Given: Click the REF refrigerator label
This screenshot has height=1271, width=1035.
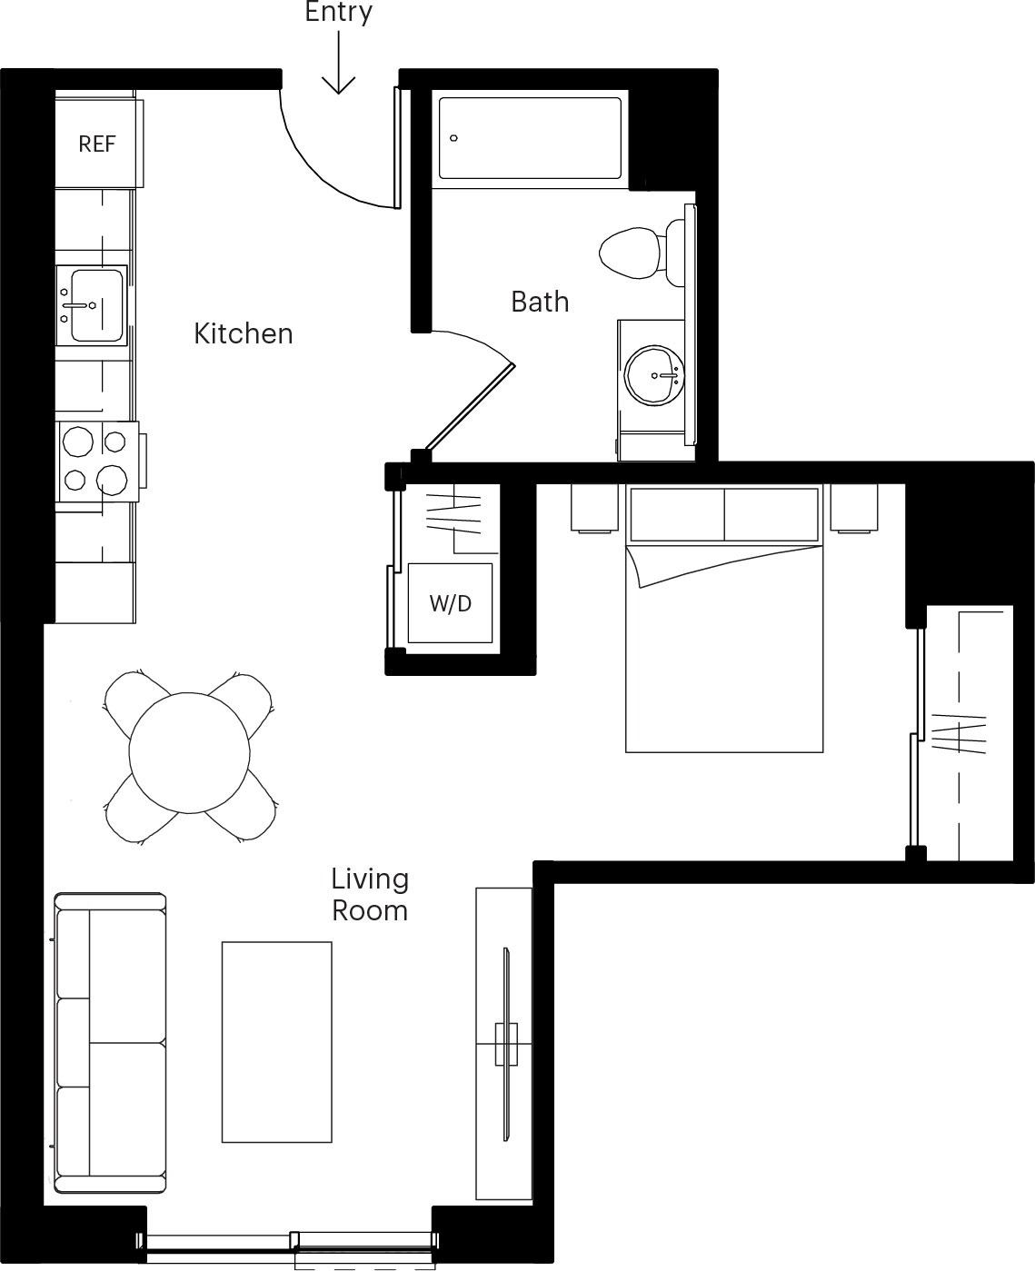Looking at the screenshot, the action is (96, 144).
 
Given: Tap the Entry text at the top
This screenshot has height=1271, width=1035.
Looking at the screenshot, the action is (338, 12).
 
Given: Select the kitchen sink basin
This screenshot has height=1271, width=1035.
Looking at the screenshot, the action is (96, 305).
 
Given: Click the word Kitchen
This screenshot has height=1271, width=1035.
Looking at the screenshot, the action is (244, 333).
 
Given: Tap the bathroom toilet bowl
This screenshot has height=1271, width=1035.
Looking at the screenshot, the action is (631, 253).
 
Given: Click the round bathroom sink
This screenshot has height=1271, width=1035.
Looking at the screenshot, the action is (654, 375).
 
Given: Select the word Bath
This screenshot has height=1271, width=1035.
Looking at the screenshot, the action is (540, 302).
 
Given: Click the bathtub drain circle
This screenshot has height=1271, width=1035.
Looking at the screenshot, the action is (453, 138).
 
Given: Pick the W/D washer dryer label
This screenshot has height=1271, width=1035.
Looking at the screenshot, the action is (450, 604).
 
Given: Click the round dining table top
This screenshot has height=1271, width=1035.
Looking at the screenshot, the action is (189, 752).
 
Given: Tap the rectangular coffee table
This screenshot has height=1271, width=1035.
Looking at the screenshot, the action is (277, 1042).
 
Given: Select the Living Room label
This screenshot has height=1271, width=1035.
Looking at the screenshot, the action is (370, 895).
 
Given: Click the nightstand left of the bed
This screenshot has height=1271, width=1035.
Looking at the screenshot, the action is (594, 508).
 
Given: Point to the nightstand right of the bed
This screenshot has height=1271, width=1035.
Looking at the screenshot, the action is (854, 508).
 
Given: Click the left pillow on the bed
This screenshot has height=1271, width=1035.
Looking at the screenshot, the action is (677, 514).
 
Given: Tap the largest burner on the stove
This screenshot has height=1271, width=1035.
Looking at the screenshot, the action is (112, 480).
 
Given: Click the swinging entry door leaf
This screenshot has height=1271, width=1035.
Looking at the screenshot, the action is (397, 148).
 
